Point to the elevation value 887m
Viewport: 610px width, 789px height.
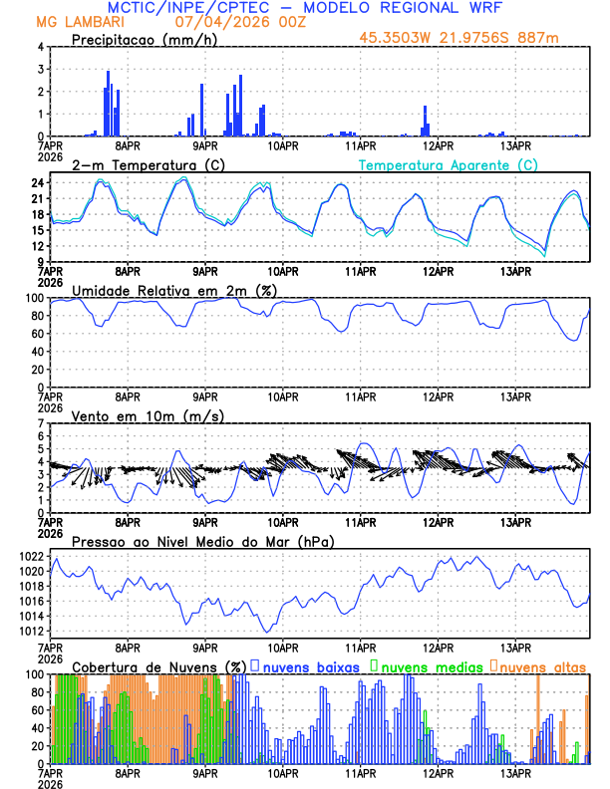(545, 39)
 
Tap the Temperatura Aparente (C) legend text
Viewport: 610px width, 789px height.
(449, 164)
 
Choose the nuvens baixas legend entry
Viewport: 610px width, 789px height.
(312, 665)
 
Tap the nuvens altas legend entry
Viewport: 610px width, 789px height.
(541, 665)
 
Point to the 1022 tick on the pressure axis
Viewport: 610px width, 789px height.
(32, 556)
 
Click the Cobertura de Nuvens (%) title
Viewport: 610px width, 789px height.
(159, 665)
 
